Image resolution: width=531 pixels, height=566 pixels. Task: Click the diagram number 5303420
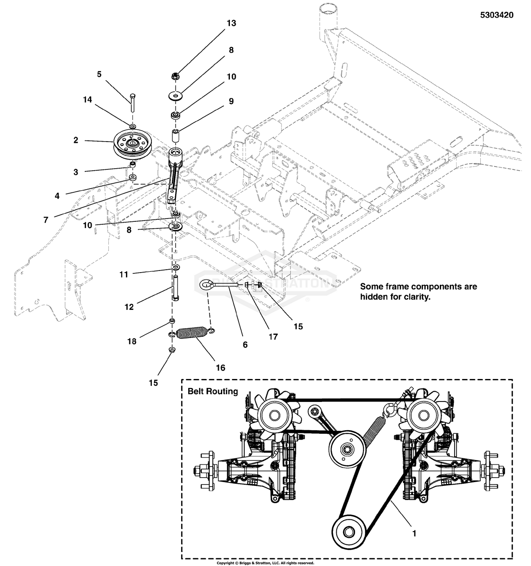click(x=497, y=15)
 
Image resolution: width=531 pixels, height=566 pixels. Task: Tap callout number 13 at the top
click(x=231, y=23)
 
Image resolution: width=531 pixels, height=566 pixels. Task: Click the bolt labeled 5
click(x=132, y=102)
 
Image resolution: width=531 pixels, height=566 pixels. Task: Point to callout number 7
click(x=46, y=220)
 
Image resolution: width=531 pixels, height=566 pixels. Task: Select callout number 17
click(x=273, y=336)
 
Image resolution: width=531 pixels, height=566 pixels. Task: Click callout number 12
click(x=129, y=307)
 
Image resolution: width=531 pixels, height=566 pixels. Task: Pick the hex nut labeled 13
click(x=175, y=76)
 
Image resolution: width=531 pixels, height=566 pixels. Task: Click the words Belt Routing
click(x=213, y=391)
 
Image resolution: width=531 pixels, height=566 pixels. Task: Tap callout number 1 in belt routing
click(x=414, y=533)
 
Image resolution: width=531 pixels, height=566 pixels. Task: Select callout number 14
click(x=88, y=99)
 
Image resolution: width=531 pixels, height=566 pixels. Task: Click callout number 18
click(x=132, y=341)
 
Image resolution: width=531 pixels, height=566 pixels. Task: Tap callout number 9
click(x=231, y=101)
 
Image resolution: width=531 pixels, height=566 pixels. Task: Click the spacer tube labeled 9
click(x=175, y=136)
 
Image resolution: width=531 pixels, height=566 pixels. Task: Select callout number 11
click(x=124, y=275)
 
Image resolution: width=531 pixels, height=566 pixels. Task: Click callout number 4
click(x=57, y=196)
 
